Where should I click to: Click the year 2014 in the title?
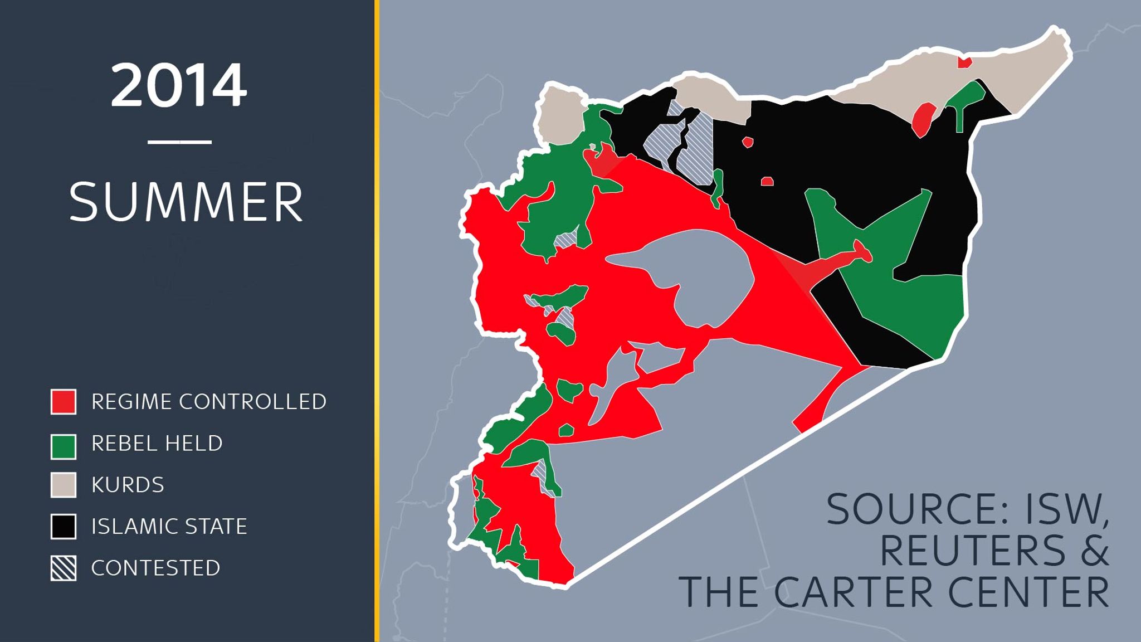click(178, 85)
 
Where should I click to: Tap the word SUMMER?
click(186, 202)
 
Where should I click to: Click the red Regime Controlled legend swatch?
click(64, 402)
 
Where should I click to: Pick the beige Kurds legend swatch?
click(64, 485)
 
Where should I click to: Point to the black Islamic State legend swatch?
click(64, 527)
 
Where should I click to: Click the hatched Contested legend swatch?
click(64, 568)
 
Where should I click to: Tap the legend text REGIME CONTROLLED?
click(209, 402)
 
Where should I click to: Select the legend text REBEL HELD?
click(157, 444)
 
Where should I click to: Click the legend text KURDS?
click(128, 485)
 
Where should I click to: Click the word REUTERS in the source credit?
click(972, 550)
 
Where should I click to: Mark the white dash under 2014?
click(179, 142)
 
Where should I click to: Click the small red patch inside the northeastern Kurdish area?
click(964, 62)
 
